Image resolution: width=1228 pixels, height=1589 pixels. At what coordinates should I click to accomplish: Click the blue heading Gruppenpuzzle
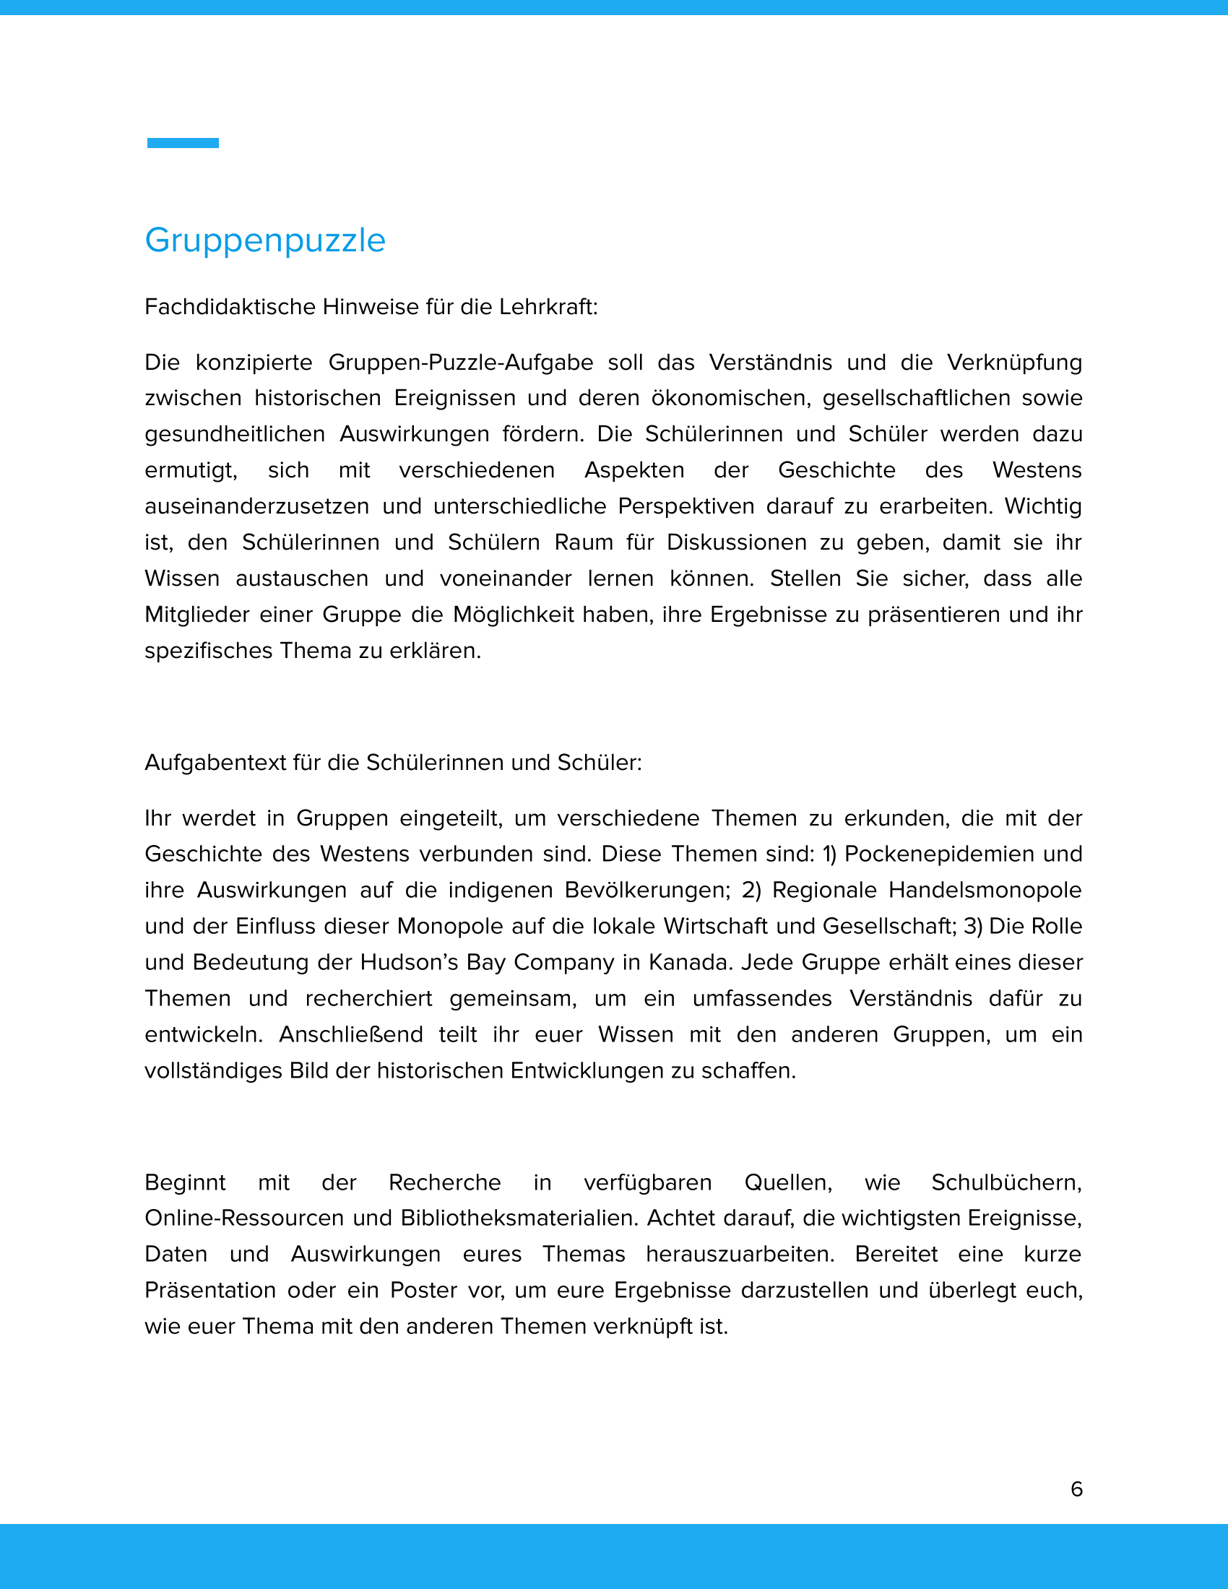click(x=265, y=241)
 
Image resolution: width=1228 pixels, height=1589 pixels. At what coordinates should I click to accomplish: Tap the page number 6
click(x=1077, y=1489)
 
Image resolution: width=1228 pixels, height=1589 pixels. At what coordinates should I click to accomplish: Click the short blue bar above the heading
click(x=183, y=142)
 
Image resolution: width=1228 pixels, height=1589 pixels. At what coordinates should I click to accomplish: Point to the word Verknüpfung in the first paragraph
click(x=1014, y=363)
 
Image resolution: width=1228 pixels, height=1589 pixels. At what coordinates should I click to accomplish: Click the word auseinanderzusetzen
click(x=257, y=506)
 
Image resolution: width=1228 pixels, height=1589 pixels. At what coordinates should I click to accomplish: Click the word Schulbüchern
click(x=1006, y=1182)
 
